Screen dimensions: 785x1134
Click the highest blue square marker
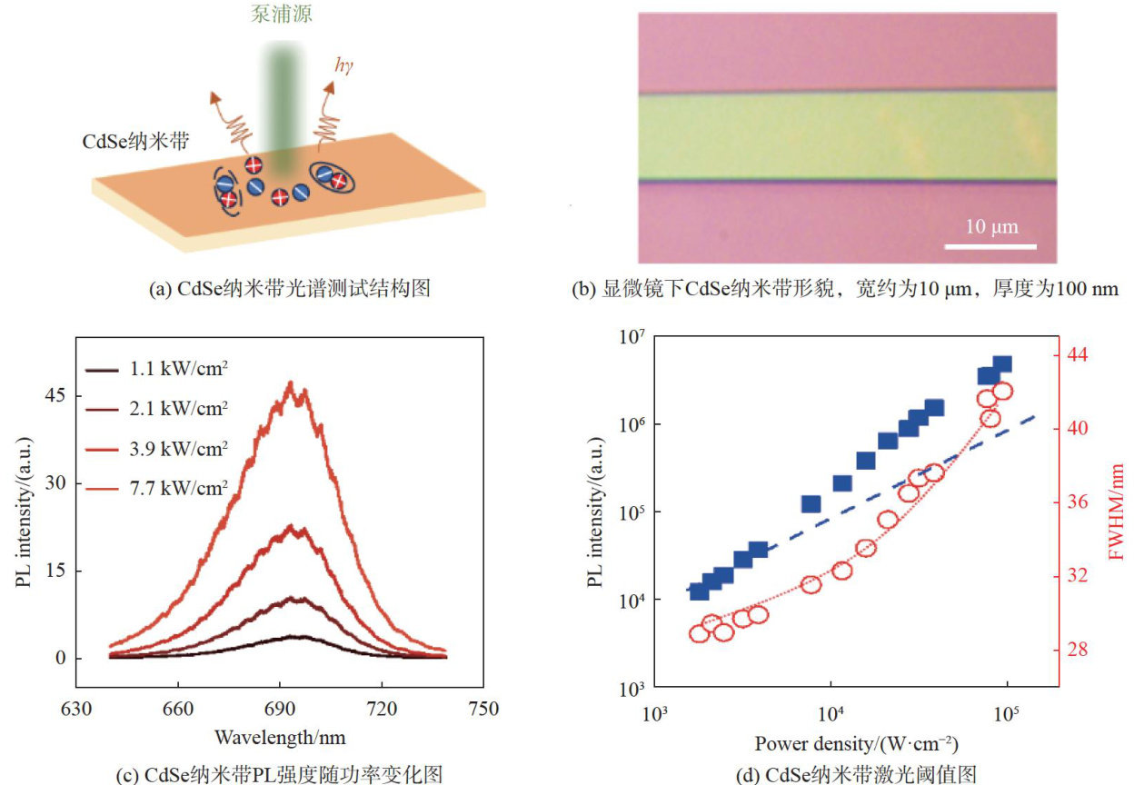click(1001, 364)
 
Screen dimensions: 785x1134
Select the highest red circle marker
click(1002, 392)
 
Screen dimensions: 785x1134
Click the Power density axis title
click(856, 743)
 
